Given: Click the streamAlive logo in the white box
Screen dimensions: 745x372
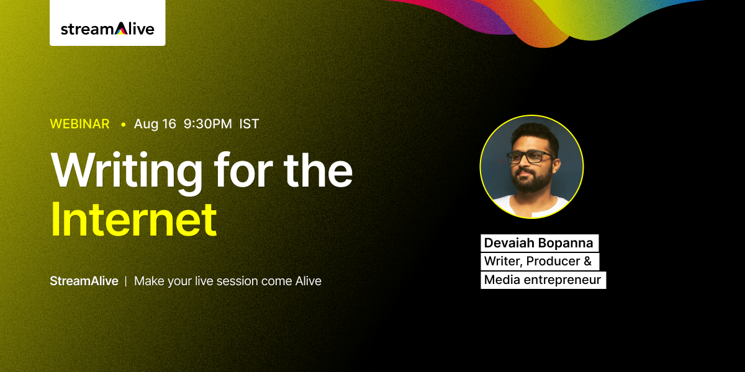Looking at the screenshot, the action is click(107, 29).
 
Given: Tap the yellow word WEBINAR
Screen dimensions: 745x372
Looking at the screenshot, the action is click(80, 124).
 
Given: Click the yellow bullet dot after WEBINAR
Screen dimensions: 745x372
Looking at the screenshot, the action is click(124, 125).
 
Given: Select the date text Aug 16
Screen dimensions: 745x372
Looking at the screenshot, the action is click(155, 124).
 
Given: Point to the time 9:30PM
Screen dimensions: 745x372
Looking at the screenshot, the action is click(208, 124).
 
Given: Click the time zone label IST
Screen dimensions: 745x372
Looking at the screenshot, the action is click(249, 124).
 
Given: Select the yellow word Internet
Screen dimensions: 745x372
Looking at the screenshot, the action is click(133, 219).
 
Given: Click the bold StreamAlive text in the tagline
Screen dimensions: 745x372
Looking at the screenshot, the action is click(84, 281).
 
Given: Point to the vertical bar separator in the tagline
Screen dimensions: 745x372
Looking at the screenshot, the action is click(125, 281).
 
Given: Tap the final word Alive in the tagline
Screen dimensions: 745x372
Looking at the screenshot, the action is click(309, 281).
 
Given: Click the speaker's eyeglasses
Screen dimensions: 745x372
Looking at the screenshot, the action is click(530, 157).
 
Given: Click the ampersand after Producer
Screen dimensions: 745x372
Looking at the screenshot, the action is click(588, 261).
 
